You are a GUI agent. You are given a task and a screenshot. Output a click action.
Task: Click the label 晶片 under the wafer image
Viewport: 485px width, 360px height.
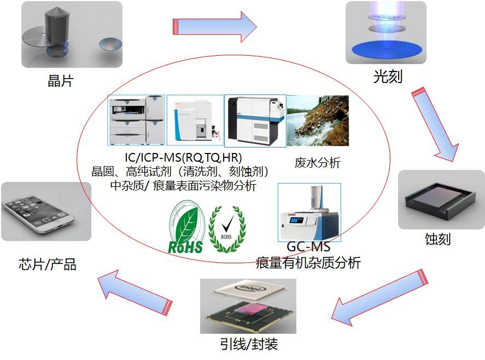(61, 82)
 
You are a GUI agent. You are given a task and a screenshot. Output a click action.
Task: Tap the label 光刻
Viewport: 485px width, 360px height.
(387, 76)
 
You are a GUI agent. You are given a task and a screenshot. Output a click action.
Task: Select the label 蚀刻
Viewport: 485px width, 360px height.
(438, 239)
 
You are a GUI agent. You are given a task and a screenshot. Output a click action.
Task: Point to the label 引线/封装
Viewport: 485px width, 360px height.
(249, 345)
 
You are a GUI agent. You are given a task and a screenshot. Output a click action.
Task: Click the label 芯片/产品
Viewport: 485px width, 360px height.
(48, 265)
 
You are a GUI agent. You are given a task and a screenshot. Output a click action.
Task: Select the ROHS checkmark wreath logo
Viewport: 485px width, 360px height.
(227, 229)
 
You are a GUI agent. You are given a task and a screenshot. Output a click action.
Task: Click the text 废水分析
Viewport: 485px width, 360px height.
(318, 162)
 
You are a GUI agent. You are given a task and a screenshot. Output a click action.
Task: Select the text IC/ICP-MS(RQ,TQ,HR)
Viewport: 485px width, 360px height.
(183, 158)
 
